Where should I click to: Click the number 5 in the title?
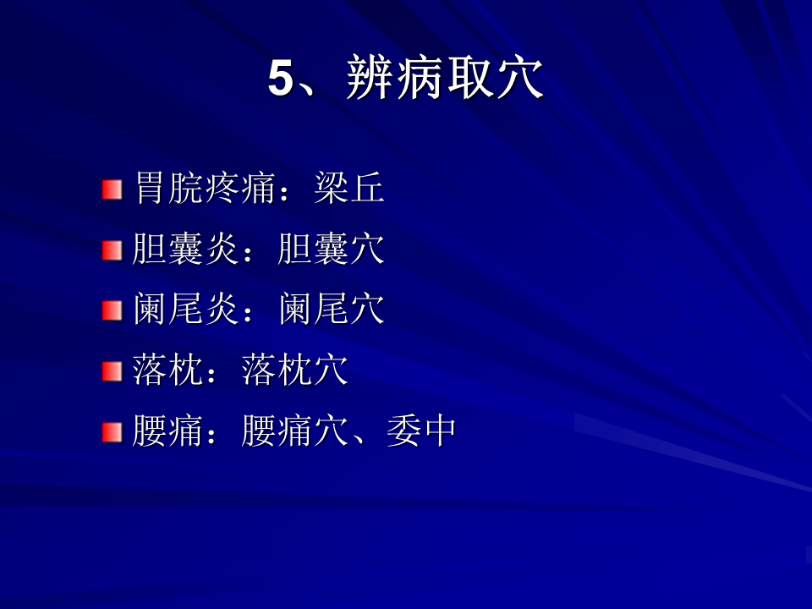pos(281,78)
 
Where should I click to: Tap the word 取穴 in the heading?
pos(495,78)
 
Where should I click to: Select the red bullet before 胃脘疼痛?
pos(112,190)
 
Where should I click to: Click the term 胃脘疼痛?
pos(205,188)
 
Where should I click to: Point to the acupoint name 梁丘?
pos(349,188)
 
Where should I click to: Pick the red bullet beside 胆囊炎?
pos(112,250)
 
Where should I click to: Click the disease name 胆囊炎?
pos(185,249)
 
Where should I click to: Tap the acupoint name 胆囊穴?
pos(331,249)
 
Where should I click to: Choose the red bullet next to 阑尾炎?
pos(112,311)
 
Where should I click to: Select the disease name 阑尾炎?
pos(185,310)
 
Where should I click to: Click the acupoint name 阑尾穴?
pos(331,310)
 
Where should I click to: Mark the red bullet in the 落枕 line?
pos(112,372)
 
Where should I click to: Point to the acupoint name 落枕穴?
pos(294,370)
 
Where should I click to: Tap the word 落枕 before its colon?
pos(167,370)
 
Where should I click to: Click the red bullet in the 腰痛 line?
pos(112,432)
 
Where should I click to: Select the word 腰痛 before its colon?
pos(167,431)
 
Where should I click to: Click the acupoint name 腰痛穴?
pos(294,431)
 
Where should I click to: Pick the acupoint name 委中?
pos(421,431)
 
